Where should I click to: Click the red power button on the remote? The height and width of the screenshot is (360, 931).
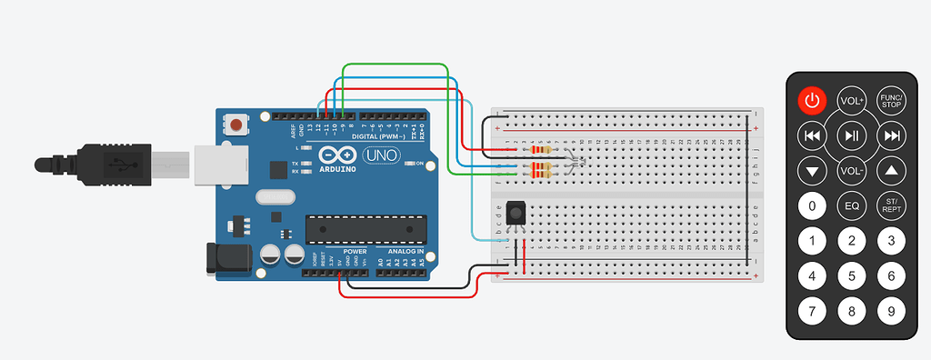[812, 100]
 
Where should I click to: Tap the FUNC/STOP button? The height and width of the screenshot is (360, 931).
[891, 100]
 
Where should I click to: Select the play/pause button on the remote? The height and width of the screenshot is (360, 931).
[852, 135]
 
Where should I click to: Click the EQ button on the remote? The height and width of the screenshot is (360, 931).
[852, 206]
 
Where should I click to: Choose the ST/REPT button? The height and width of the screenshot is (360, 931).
[891, 206]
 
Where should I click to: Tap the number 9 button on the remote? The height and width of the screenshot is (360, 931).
[891, 312]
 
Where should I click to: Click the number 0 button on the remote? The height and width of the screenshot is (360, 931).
[812, 206]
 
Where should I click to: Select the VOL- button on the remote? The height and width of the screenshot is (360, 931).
[852, 171]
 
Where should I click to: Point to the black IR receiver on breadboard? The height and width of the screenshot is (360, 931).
[516, 213]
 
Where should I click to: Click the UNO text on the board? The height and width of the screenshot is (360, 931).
[378, 156]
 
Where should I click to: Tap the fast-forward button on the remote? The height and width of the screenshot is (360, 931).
[891, 135]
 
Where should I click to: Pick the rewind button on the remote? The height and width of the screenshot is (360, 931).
[812, 135]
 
